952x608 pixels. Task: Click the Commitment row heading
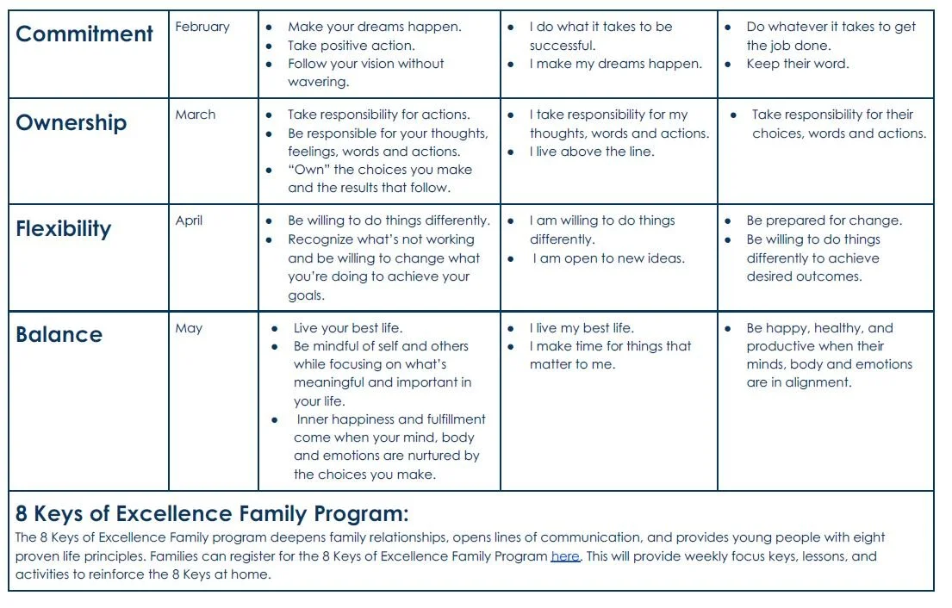(84, 34)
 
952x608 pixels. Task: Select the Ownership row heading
(71, 122)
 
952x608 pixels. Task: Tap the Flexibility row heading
(64, 229)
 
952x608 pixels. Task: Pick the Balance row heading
(59, 335)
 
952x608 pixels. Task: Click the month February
(202, 27)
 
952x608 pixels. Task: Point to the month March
(196, 115)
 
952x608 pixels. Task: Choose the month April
(189, 220)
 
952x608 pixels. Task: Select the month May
(189, 328)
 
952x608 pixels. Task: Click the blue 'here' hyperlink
(564, 556)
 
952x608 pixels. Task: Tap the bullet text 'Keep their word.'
(797, 64)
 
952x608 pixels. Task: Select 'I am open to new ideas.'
(608, 258)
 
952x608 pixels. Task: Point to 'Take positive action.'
(351, 46)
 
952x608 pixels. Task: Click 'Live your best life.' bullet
(347, 328)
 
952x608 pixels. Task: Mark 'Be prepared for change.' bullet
(824, 220)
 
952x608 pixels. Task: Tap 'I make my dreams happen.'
(615, 64)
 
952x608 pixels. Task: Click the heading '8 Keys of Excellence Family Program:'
(211, 514)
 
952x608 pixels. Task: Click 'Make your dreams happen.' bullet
(374, 27)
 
